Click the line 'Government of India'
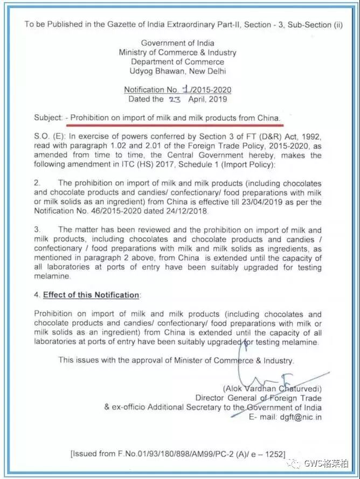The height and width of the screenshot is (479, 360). [x=177, y=43]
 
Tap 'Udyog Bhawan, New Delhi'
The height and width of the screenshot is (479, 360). [x=177, y=71]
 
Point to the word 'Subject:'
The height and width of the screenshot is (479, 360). [x=48, y=117]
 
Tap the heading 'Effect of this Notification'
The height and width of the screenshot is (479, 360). [x=91, y=295]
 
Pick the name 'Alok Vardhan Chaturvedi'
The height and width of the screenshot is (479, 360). [x=272, y=388]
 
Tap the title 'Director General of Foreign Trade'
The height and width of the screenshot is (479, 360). [x=259, y=398]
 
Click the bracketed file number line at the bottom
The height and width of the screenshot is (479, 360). [x=178, y=454]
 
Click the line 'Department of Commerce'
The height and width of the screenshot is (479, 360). [x=177, y=61]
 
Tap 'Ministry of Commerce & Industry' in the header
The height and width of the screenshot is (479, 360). [x=177, y=52]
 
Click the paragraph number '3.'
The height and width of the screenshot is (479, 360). [x=37, y=230]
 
